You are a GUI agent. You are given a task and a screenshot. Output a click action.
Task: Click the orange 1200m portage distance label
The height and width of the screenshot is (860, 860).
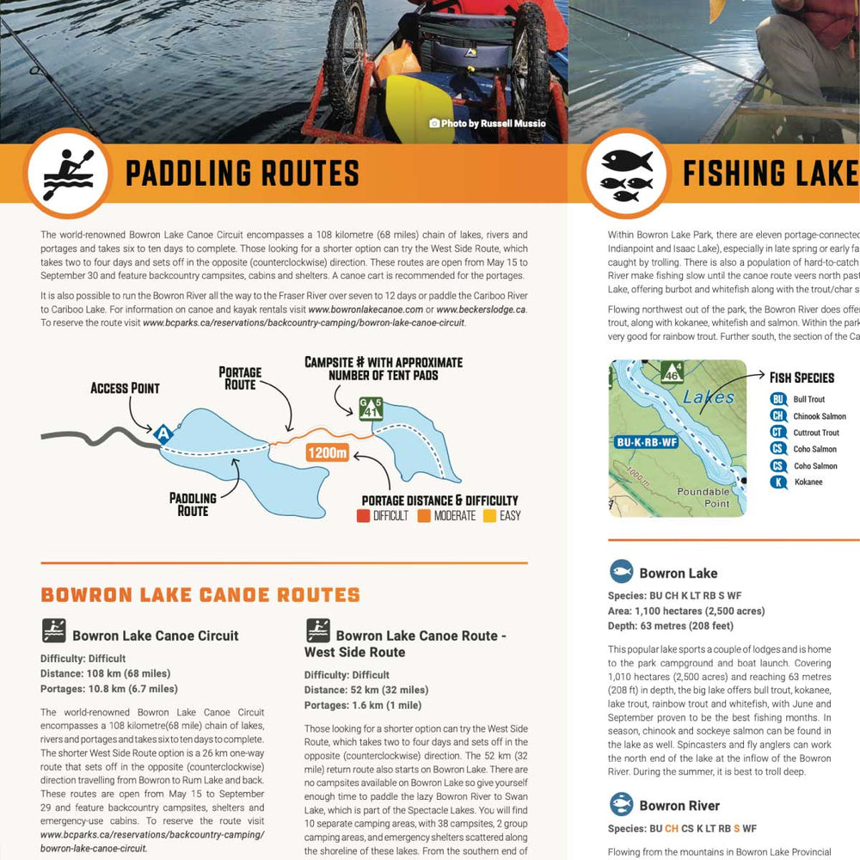click(x=326, y=453)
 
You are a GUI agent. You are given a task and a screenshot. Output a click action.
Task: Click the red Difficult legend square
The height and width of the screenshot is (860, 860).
click(x=363, y=516)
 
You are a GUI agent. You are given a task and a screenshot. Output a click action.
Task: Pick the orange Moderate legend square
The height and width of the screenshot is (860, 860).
click(x=424, y=516)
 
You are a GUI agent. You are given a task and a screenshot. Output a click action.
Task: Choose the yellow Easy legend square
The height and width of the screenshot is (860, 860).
click(x=488, y=516)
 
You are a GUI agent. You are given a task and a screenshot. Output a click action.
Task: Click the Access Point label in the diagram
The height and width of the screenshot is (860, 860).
click(x=125, y=388)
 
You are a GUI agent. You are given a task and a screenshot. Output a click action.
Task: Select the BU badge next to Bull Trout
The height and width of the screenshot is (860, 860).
click(x=778, y=400)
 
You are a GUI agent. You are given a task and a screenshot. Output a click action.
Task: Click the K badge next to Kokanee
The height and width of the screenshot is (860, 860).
click(x=778, y=482)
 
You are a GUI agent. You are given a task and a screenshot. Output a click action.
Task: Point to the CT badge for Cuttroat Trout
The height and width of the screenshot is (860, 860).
click(x=778, y=433)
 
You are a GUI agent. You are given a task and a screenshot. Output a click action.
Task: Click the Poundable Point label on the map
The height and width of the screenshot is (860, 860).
click(x=703, y=498)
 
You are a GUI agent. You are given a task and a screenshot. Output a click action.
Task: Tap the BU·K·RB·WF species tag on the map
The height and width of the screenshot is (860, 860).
click(x=648, y=443)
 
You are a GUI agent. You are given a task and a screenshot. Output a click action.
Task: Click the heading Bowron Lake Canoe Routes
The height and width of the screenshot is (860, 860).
click(x=200, y=595)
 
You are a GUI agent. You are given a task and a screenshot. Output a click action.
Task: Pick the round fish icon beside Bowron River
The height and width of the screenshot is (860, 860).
click(x=621, y=805)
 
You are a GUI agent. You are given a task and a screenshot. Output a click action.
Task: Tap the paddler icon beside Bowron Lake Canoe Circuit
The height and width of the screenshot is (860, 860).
click(x=53, y=632)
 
